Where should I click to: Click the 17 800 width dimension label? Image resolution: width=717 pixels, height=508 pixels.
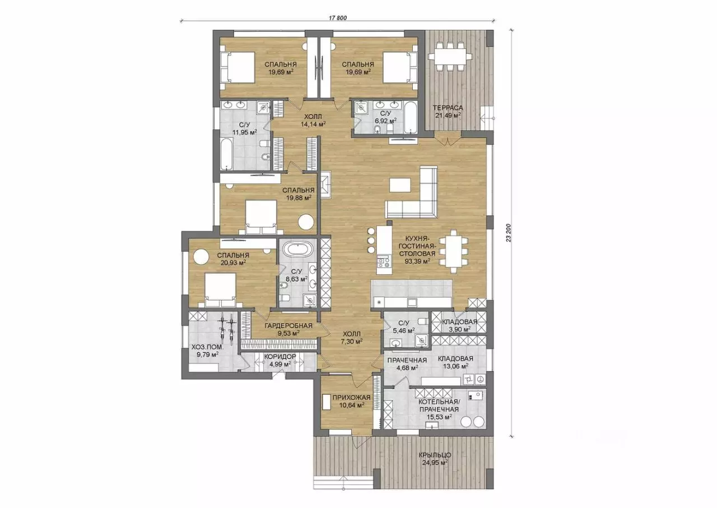337,18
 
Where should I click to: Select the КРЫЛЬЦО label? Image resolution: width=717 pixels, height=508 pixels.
435,455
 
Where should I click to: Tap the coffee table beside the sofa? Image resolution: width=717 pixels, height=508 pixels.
400,185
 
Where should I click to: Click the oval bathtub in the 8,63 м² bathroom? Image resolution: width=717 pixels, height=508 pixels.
298,250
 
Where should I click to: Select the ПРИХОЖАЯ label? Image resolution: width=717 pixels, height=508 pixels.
351,398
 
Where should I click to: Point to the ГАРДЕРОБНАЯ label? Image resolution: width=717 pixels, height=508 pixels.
288,326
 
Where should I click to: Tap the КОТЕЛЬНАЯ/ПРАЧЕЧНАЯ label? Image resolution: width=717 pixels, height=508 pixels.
439,406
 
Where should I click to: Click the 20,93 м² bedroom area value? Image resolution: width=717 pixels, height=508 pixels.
233,263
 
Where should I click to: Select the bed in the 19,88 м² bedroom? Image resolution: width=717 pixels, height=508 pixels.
261,217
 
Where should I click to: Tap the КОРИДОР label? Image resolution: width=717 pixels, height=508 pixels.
280,357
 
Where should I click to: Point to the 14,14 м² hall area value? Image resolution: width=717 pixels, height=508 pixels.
313,124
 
